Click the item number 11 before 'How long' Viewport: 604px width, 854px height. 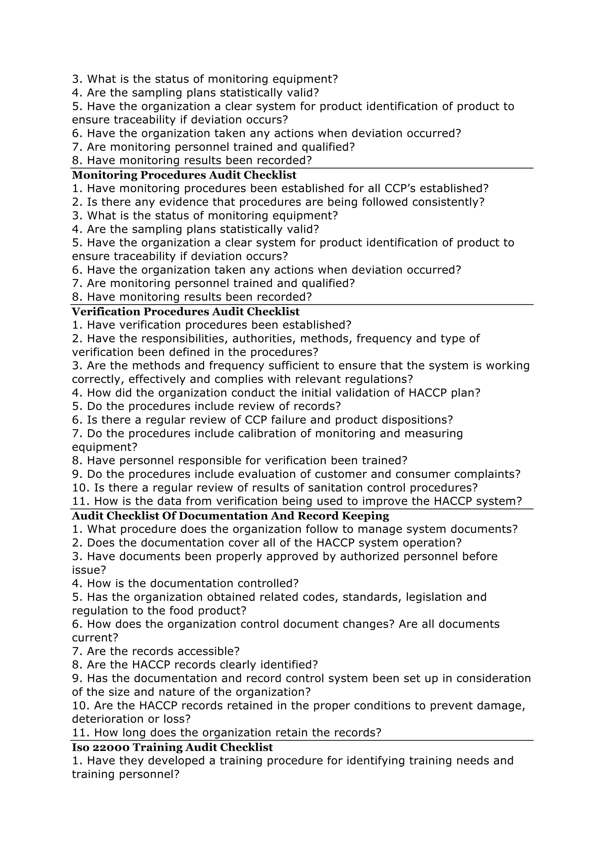(79, 733)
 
